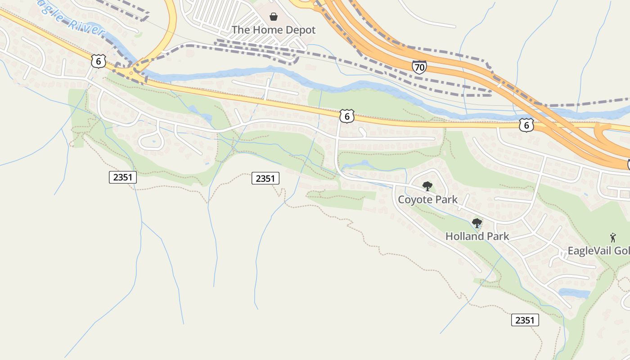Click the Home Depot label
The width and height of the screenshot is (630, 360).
(274, 30)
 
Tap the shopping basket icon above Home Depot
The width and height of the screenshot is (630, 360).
(274, 17)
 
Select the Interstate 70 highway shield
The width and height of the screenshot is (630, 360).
(419, 67)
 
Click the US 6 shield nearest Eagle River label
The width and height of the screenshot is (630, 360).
(98, 61)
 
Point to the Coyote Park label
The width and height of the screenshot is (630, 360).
(427, 199)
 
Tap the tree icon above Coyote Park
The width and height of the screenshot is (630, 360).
(427, 186)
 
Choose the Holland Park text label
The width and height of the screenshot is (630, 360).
(477, 236)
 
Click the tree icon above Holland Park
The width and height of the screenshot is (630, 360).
(477, 223)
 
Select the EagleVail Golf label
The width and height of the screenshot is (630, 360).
(598, 251)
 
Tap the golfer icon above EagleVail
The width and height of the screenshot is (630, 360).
(612, 238)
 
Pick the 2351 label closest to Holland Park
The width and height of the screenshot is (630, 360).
(525, 320)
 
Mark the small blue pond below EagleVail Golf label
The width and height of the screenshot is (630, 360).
(574, 293)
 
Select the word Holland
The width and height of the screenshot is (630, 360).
(465, 236)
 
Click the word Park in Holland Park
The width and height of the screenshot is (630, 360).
(498, 236)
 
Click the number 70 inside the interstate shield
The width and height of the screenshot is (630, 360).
(419, 68)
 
